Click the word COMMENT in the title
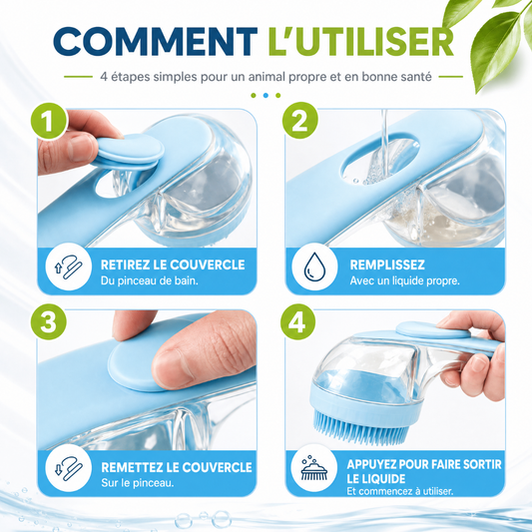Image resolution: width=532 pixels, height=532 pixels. click(155, 41)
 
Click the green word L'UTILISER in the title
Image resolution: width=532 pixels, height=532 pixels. click(361, 41)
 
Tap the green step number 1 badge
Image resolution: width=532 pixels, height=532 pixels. click(48, 121)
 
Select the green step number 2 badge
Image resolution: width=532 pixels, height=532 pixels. click(299, 121)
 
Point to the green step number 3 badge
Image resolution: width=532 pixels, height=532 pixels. click(48, 321)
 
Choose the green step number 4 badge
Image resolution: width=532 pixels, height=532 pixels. click(298, 321)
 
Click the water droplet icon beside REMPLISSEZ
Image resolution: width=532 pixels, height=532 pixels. click(314, 267)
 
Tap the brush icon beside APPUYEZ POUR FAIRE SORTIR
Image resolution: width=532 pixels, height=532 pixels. click(314, 468)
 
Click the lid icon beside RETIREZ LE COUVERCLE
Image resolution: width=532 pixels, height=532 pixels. click(68, 266)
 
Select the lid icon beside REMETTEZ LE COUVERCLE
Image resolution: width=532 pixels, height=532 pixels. click(69, 468)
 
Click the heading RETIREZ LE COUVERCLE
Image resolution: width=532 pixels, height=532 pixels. click(173, 265)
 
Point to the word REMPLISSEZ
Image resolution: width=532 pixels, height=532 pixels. click(387, 265)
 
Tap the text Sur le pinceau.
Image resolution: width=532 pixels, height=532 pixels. click(138, 483)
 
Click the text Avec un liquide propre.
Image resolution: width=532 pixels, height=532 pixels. click(405, 280)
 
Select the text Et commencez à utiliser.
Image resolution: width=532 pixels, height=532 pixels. click(400, 491)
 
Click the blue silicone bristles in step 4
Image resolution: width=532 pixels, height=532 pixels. click(359, 428)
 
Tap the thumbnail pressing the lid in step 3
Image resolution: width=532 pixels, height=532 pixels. click(172, 368)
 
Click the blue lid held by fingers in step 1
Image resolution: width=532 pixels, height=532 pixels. click(128, 151)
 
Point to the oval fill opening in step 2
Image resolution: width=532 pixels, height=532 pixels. click(380, 159)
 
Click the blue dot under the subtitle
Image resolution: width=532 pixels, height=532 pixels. click(266, 96)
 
